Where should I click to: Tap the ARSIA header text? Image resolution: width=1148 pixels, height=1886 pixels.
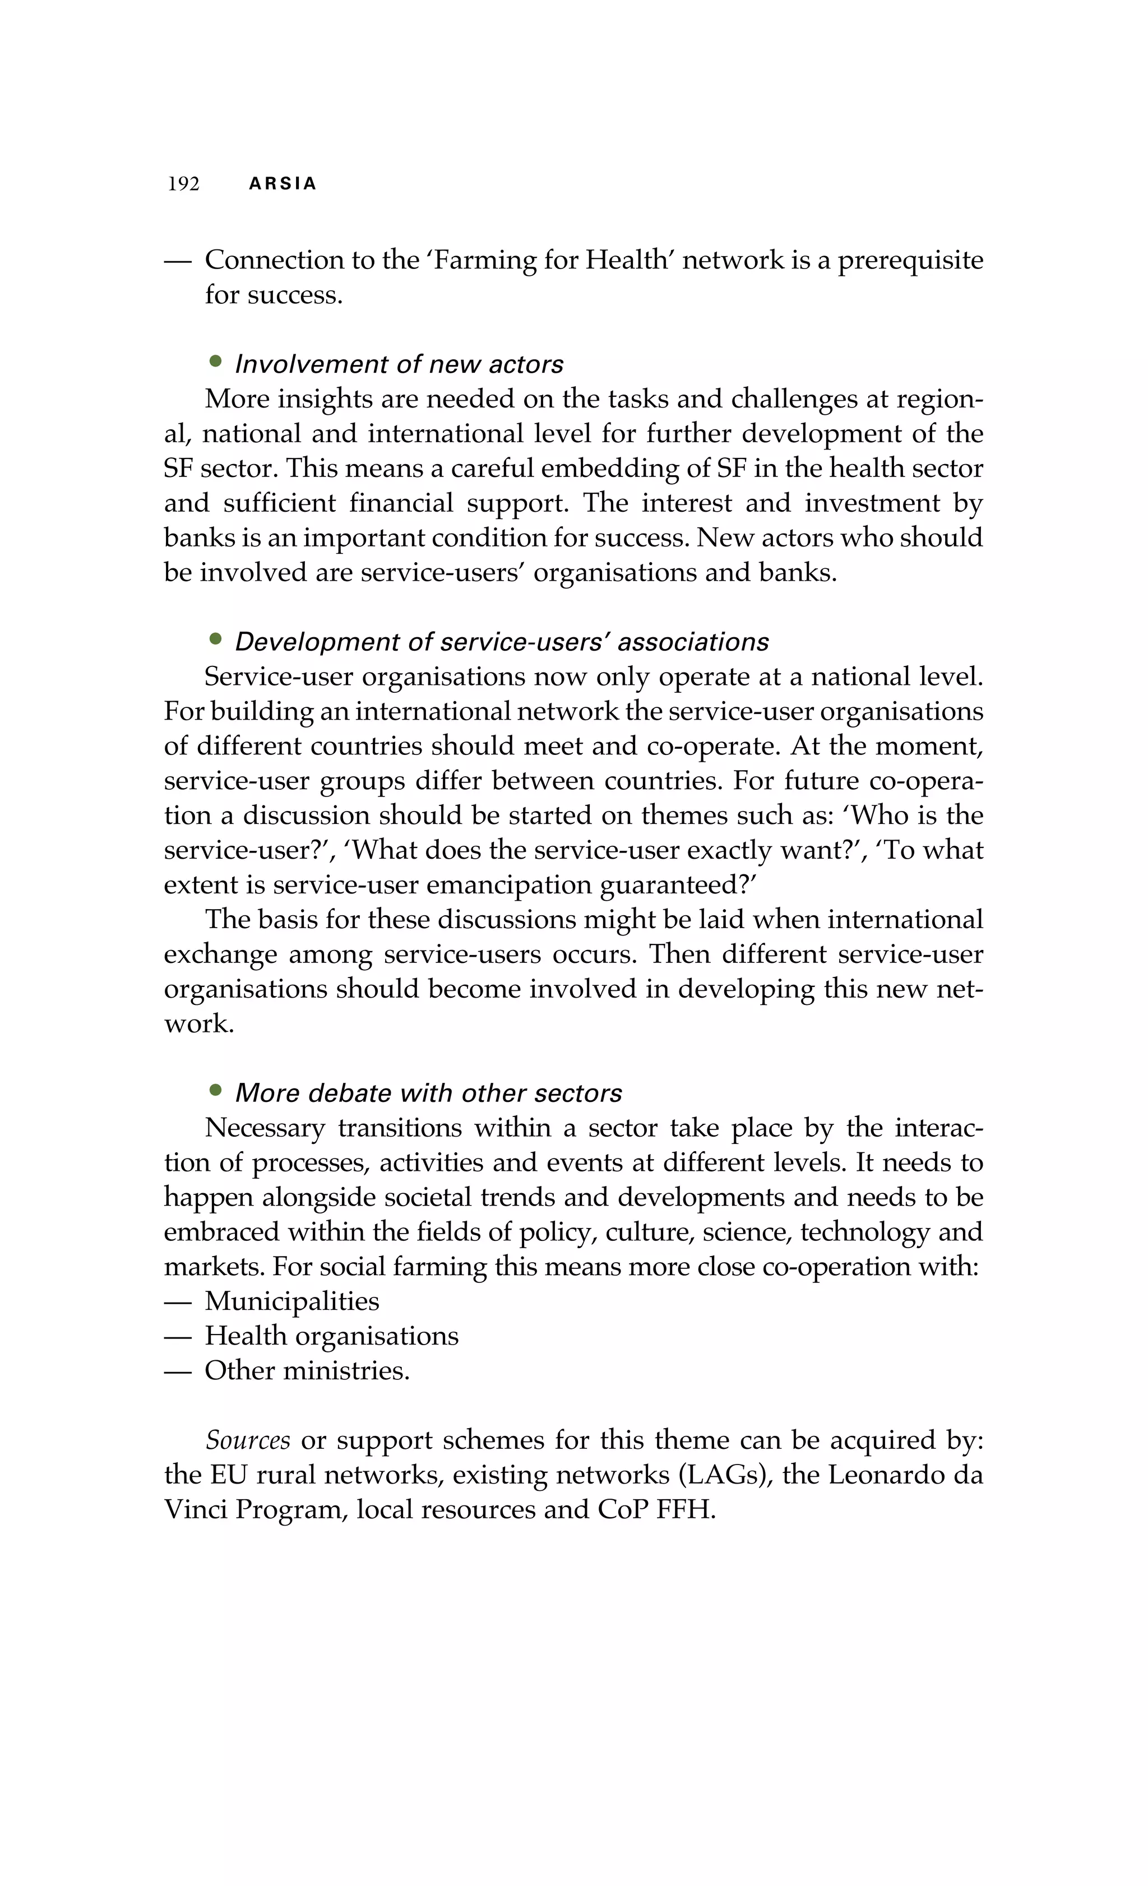[283, 184]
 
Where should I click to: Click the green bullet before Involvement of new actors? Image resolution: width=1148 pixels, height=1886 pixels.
[215, 360]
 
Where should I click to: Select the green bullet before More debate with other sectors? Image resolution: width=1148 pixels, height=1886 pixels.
[215, 1089]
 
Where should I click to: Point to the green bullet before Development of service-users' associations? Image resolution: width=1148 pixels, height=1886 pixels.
[215, 638]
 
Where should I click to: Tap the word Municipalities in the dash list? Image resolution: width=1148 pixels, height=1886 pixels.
[291, 1301]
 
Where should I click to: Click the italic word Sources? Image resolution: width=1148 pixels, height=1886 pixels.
[247, 1440]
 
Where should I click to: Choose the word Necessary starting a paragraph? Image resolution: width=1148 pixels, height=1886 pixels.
[265, 1128]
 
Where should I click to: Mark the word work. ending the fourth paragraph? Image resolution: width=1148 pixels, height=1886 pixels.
[198, 1024]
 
